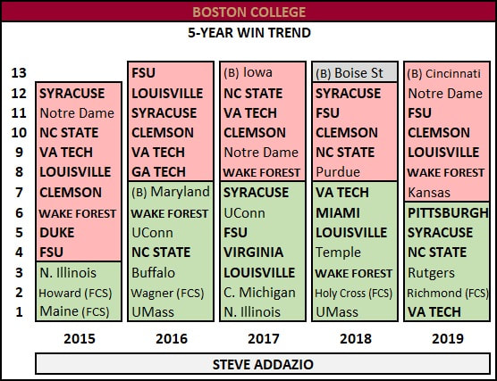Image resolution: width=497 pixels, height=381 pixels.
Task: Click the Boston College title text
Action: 248,12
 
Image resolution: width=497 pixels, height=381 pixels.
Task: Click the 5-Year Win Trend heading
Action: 249,33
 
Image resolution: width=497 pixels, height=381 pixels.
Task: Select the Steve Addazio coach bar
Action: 263,364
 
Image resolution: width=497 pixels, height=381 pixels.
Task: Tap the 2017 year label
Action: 264,338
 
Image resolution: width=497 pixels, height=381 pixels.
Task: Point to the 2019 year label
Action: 448,338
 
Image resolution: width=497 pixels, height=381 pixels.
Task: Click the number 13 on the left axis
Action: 19,73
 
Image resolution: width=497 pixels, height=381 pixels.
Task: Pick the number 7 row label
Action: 20,193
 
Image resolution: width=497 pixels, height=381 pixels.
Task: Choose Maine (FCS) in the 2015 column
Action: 74,311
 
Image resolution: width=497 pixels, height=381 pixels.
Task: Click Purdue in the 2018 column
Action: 338,172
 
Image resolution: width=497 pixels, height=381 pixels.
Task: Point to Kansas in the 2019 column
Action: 429,193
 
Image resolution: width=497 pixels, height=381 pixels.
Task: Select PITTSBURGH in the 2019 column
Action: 448,213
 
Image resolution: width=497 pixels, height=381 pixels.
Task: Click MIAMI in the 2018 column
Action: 338,213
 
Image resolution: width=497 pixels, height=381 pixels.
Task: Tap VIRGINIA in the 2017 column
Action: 254,253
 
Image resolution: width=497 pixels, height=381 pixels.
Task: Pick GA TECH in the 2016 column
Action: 158,172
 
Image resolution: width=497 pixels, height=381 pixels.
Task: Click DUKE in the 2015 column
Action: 56,233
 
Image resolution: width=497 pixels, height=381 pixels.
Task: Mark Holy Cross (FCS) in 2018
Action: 353,294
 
